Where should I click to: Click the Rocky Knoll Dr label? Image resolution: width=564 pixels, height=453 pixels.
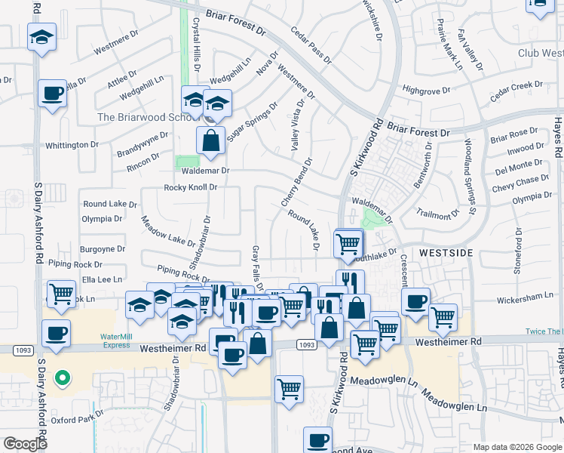pyautogui.click(x=191, y=187)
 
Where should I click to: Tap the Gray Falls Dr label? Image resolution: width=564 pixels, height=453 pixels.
pyautogui.click(x=257, y=268)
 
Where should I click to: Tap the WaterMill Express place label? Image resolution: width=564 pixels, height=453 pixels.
pyautogui.click(x=116, y=341)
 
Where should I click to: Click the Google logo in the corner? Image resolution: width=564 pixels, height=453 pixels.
pyautogui.click(x=25, y=444)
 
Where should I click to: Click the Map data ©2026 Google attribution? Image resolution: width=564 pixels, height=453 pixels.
pyautogui.click(x=517, y=447)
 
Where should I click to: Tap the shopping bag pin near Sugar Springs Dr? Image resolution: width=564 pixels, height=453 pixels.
pyautogui.click(x=211, y=140)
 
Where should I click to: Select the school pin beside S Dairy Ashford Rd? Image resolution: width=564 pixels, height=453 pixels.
pyautogui.click(x=42, y=36)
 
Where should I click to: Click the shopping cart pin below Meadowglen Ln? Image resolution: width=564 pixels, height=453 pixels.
pyautogui.click(x=290, y=390)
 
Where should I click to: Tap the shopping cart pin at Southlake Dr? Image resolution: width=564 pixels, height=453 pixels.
pyautogui.click(x=348, y=243)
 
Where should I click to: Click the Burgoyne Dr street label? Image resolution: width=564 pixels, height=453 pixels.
pyautogui.click(x=103, y=248)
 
